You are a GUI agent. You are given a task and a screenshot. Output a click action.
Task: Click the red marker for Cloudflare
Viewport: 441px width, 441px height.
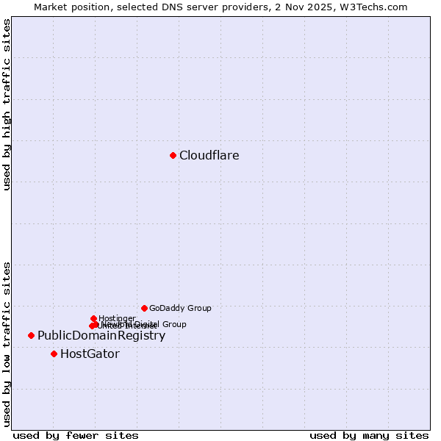(173, 155)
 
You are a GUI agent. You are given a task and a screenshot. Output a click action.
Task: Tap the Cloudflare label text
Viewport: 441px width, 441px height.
(209, 156)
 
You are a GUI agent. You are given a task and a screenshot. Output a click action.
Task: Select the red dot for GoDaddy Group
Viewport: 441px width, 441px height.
(144, 308)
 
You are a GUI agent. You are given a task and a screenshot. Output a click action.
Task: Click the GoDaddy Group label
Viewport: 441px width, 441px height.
(180, 309)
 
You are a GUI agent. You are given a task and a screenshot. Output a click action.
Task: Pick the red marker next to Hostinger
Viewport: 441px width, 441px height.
(93, 318)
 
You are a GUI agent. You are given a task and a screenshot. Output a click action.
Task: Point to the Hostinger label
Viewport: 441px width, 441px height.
(117, 318)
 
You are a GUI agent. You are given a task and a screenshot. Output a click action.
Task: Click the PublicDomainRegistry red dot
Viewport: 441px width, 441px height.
(31, 335)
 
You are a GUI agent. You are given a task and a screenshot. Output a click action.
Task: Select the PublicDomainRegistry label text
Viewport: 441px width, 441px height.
(101, 336)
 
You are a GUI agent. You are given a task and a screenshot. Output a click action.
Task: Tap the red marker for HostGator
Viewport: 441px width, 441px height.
(54, 354)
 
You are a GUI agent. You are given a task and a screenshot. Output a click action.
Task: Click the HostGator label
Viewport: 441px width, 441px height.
(90, 354)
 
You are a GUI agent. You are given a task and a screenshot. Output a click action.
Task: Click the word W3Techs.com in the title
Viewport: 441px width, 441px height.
(379, 7)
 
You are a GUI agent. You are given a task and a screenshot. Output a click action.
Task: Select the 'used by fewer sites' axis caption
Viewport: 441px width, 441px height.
(76, 436)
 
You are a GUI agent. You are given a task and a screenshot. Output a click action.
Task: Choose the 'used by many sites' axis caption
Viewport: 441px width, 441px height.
(369, 436)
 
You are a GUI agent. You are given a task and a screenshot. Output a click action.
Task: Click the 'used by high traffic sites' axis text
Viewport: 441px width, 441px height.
(7, 104)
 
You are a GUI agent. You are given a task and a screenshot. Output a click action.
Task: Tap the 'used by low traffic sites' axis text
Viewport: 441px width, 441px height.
(7, 343)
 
